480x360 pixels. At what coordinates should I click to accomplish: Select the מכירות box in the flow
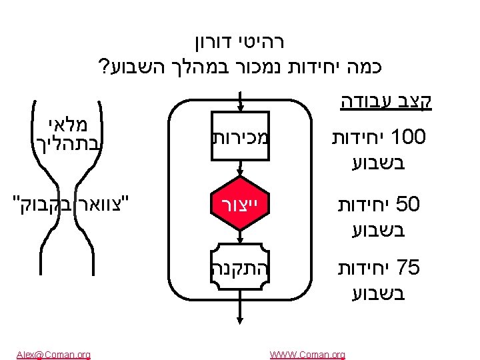(x=238, y=139)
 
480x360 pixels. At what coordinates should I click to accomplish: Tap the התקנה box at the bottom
(x=238, y=268)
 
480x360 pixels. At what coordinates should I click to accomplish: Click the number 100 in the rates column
(x=410, y=139)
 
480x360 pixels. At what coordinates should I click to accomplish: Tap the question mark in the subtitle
(x=103, y=67)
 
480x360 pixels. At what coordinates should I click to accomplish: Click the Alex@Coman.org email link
(x=53, y=354)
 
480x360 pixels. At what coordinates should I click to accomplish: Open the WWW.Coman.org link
(x=307, y=354)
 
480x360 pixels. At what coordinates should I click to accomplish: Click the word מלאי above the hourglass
(x=64, y=125)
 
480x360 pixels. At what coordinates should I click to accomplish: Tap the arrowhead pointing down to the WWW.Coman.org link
(x=238, y=340)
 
